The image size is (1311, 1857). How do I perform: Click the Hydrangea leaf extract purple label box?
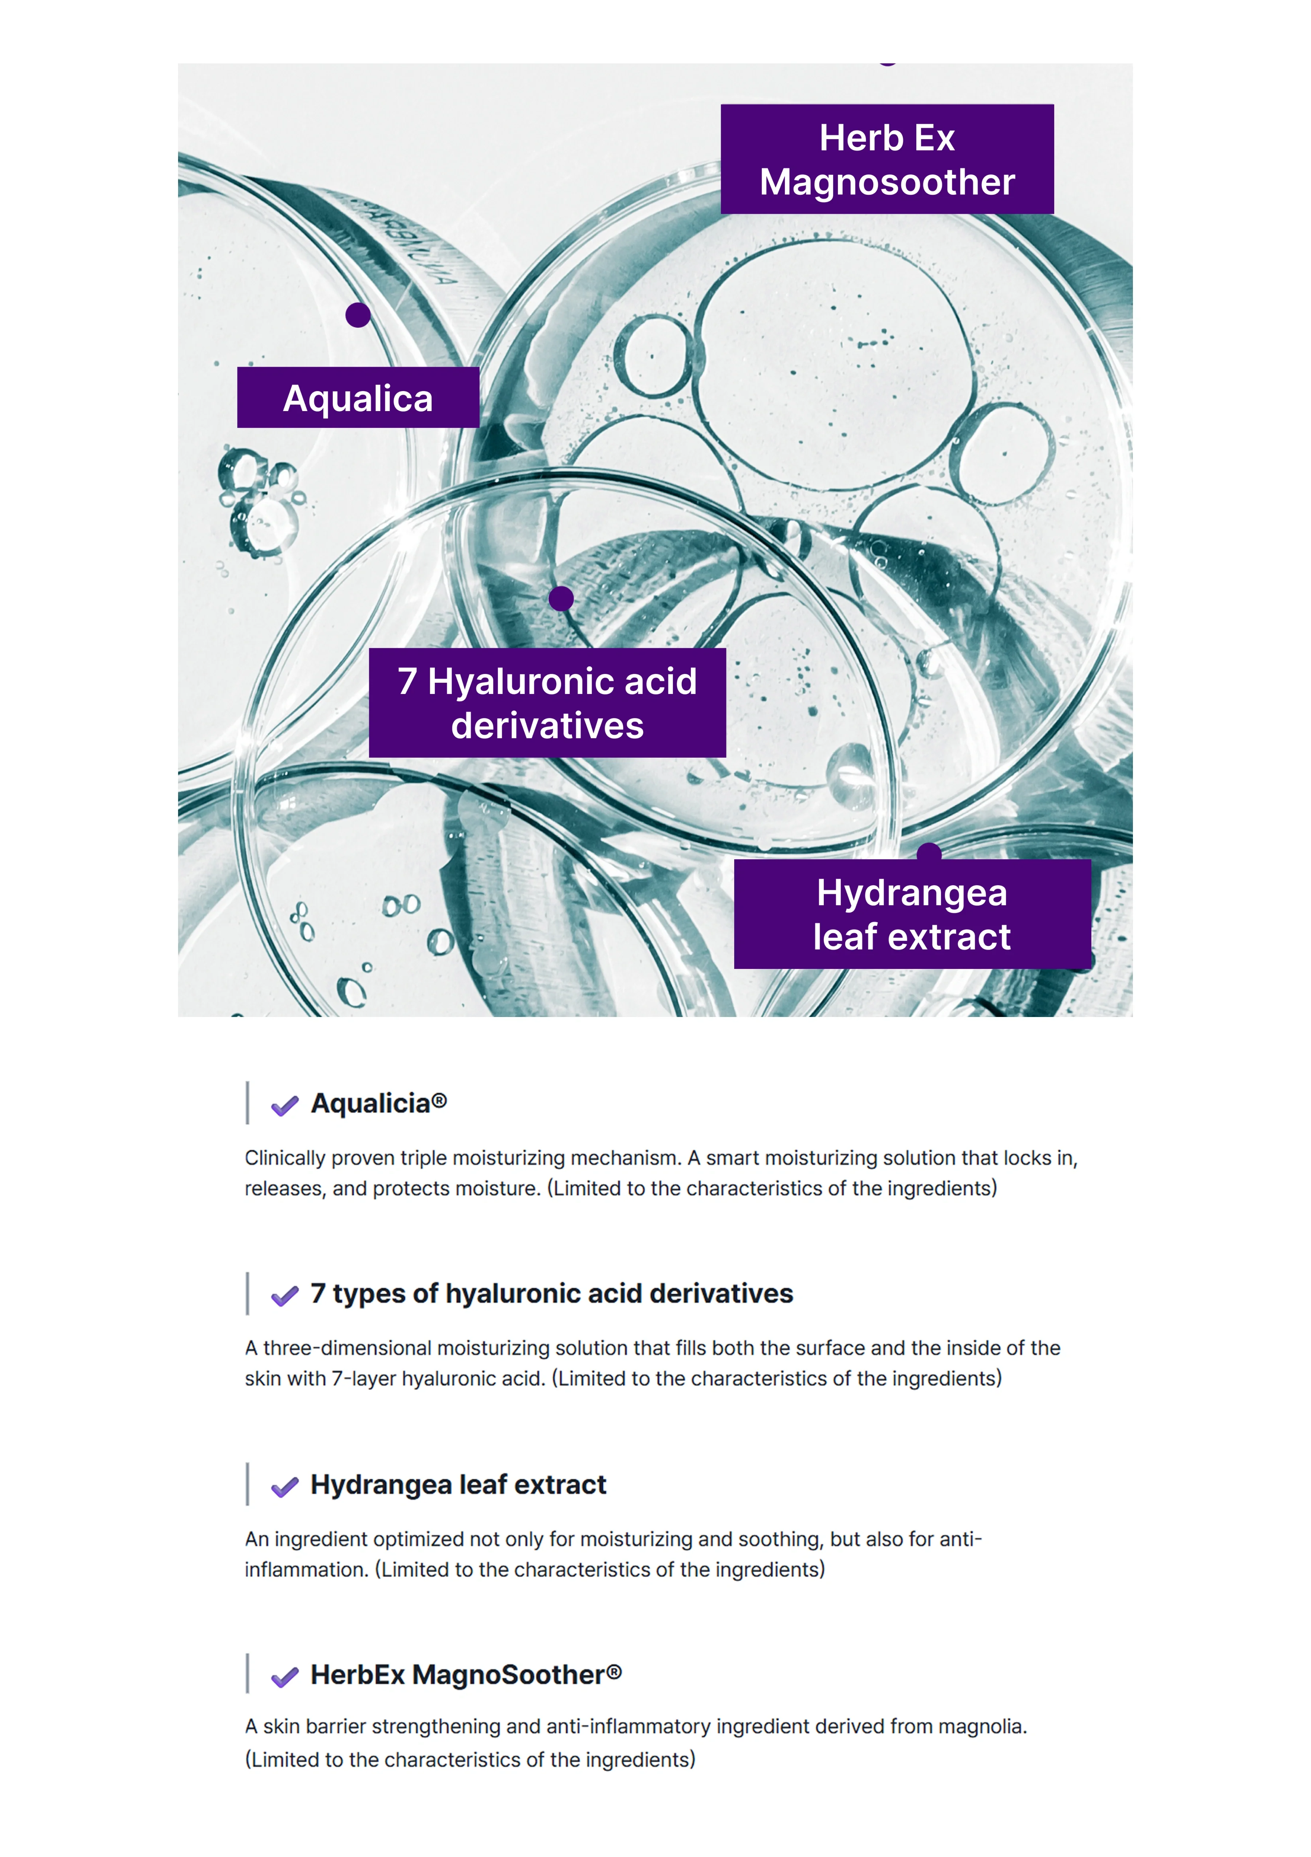point(912,914)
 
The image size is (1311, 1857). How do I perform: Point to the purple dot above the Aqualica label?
point(358,315)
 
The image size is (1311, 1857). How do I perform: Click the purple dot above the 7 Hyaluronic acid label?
point(560,599)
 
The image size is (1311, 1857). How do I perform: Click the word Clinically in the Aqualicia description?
point(286,1158)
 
